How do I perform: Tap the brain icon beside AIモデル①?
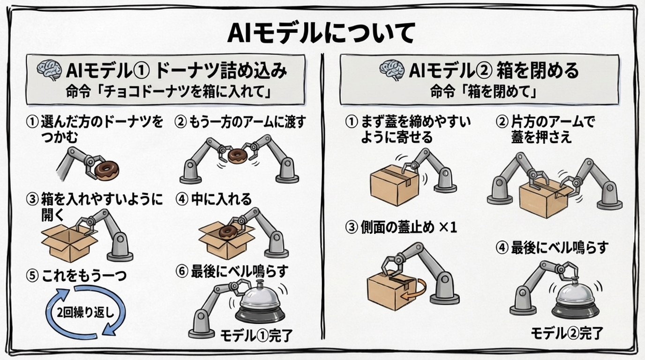point(49,71)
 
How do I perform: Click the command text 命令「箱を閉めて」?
point(483,91)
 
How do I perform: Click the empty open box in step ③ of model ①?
point(68,244)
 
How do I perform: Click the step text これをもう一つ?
point(77,276)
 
